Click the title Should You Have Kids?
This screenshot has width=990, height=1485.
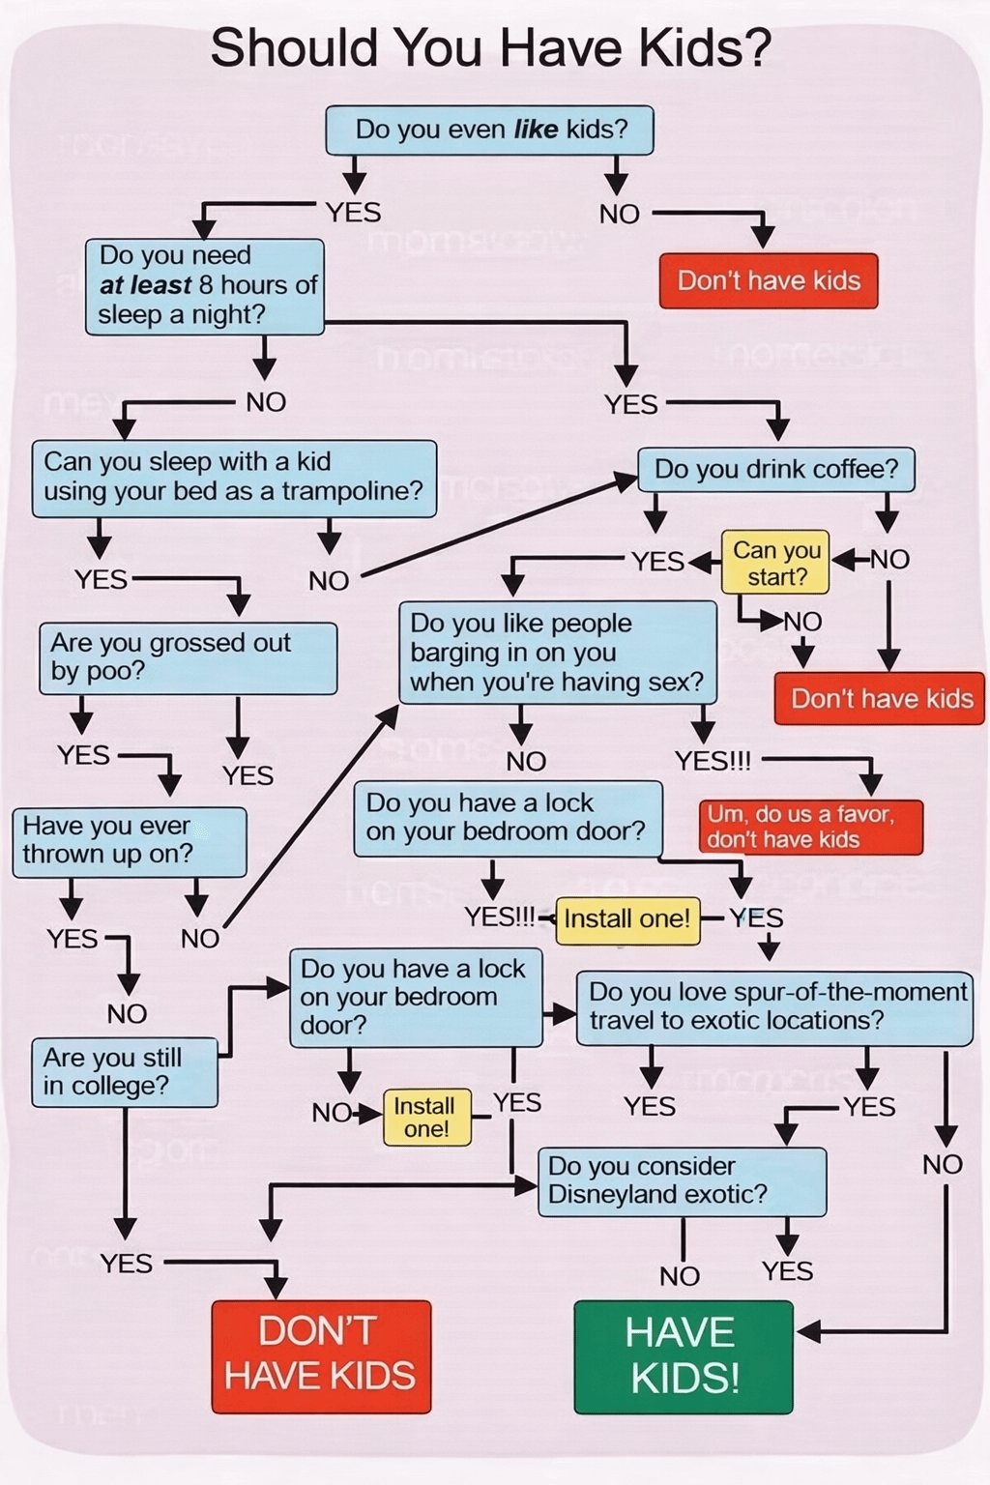(x=490, y=48)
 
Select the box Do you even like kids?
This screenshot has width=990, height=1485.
(x=490, y=130)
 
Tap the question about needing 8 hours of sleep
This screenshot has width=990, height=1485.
(x=204, y=286)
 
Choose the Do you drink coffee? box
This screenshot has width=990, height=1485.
(x=776, y=470)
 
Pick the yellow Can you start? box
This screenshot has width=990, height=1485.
(x=776, y=564)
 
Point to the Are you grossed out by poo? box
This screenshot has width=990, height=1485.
(x=188, y=657)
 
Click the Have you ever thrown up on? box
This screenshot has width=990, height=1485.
(x=129, y=841)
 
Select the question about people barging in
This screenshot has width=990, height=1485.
(x=557, y=653)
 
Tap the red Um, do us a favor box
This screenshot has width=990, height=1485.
(x=810, y=827)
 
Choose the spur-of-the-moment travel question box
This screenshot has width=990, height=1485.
(x=773, y=1007)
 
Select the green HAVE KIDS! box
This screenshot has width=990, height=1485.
(x=684, y=1355)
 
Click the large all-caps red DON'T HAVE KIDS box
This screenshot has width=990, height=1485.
(x=321, y=1355)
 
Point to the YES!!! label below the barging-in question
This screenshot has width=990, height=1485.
(x=713, y=762)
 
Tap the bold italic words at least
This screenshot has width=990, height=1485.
(x=145, y=286)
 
